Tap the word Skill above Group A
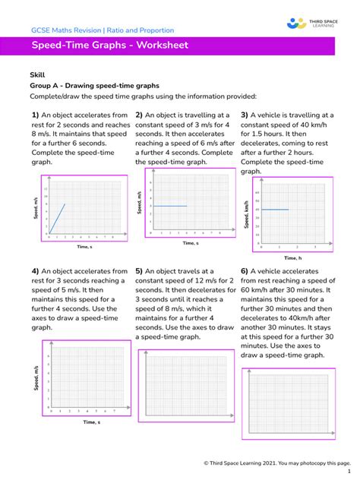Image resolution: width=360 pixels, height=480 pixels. pyautogui.click(x=37, y=75)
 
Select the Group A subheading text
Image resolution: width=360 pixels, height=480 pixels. pyautogui.click(x=94, y=86)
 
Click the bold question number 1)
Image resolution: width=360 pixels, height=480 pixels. pyautogui.click(x=35, y=115)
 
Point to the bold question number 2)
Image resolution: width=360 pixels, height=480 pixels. pyautogui.click(x=139, y=115)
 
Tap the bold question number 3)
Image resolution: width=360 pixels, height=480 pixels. pyautogui.click(x=245, y=115)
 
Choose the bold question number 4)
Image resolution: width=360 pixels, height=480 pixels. pyautogui.click(x=35, y=270)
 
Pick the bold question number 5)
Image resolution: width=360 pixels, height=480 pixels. pyautogui.click(x=139, y=270)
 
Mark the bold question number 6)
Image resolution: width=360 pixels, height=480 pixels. pyautogui.click(x=245, y=270)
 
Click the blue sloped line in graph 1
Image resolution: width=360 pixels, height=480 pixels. pyautogui.click(x=57, y=218)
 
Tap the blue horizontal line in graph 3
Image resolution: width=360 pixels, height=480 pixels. pyautogui.click(x=274, y=209)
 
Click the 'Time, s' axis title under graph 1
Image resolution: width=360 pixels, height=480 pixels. pyautogui.click(x=84, y=247)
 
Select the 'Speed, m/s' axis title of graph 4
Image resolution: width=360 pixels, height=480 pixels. pyautogui.click(x=36, y=378)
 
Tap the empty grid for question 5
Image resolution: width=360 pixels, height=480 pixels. pyautogui.click(x=185, y=388)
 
